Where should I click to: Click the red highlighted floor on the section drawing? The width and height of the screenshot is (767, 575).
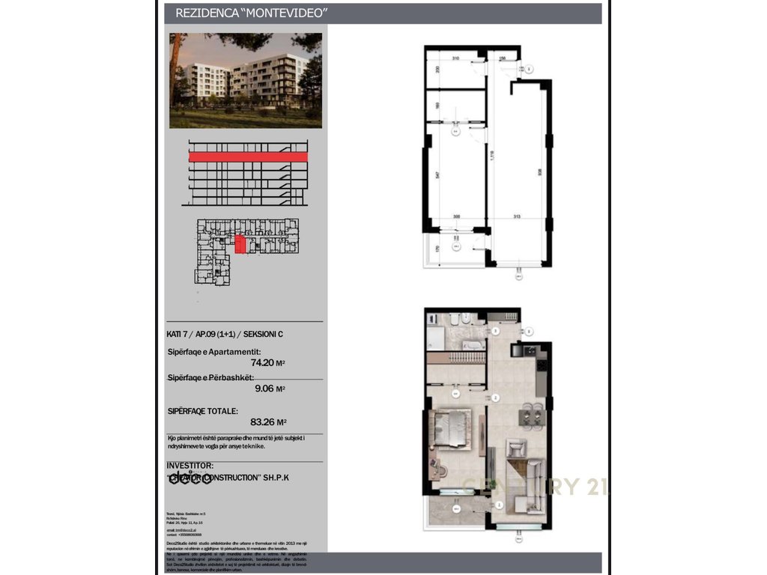click(x=248, y=157)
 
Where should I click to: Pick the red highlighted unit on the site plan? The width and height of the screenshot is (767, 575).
click(x=240, y=245)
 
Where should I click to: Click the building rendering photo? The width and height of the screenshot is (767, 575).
click(x=246, y=80)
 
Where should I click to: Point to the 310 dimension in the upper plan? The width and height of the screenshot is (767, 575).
click(x=455, y=58)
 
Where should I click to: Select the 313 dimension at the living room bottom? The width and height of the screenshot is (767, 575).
click(x=517, y=216)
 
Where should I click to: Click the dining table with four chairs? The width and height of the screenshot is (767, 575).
click(x=530, y=414)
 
